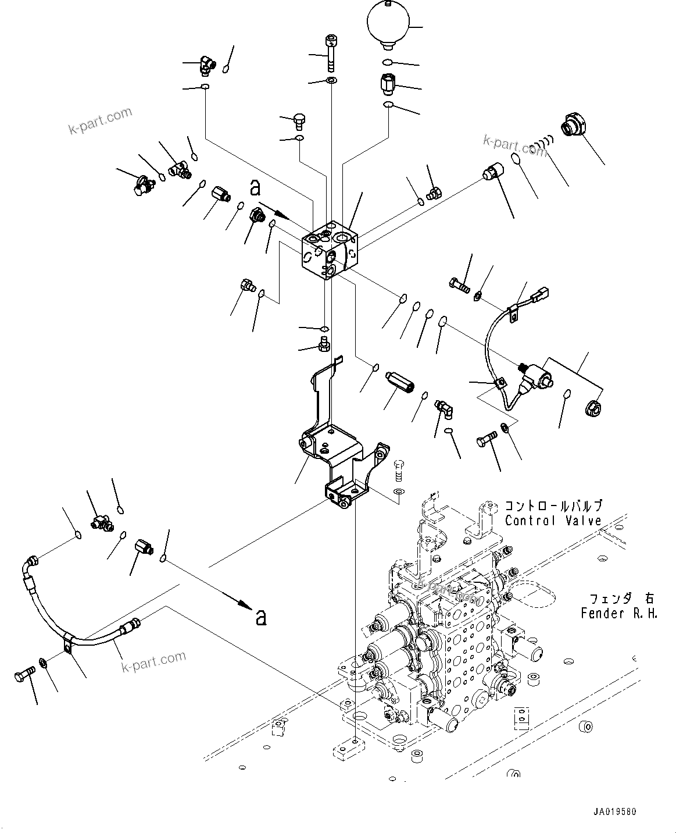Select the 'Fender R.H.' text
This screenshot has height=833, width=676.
619,613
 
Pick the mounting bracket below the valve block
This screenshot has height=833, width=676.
337,448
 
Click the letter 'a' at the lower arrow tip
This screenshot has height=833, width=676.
261,617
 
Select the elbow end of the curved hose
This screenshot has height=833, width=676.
31,564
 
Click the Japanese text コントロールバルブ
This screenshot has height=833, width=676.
553,506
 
